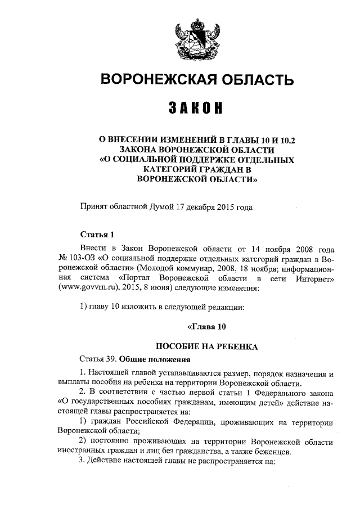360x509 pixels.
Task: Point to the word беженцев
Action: (x=270, y=451)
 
